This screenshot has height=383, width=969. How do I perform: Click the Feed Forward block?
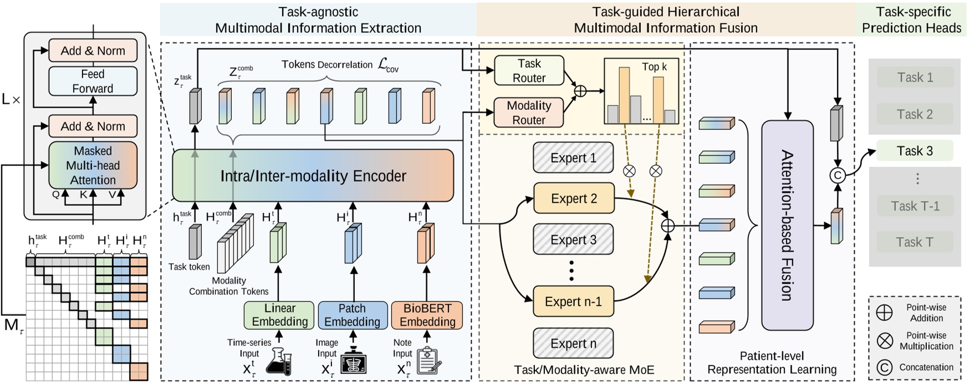coord(93,81)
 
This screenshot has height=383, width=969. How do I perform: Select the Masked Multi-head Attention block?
coord(93,165)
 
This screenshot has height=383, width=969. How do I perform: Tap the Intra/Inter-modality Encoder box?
coord(313,176)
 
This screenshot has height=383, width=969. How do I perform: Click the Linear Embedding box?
coord(279,315)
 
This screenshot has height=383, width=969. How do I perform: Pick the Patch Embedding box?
coord(352,315)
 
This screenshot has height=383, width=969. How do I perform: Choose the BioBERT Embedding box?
coord(427,315)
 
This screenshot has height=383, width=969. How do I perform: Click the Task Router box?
coord(529,70)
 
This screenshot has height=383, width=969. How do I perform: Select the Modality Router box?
coord(529,113)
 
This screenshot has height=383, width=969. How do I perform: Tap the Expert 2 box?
coord(574,198)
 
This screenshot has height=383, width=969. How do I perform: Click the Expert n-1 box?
coord(573,301)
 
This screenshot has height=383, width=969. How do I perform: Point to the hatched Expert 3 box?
coord(573,240)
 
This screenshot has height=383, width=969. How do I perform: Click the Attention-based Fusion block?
coord(787,225)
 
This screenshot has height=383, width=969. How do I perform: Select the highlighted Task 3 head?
coord(915,151)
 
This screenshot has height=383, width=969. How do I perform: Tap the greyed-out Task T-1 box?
coord(915,206)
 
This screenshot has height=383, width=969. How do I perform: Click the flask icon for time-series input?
coord(278,361)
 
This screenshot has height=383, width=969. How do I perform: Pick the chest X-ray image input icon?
coord(353,361)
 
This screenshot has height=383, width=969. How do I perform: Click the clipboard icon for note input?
coord(428,360)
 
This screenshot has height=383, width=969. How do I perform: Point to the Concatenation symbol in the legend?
coord(885,367)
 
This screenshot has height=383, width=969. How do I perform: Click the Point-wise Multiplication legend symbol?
coord(885,340)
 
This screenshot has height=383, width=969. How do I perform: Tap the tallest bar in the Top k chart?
coord(624,94)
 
